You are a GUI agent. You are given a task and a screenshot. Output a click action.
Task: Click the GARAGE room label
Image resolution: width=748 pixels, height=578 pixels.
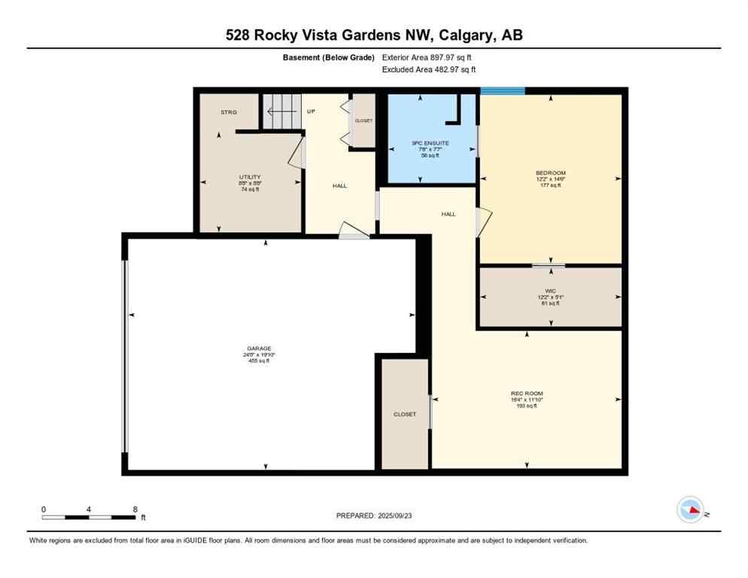tap(259, 348)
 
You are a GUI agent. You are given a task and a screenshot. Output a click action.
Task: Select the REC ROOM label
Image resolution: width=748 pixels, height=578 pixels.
tap(526, 394)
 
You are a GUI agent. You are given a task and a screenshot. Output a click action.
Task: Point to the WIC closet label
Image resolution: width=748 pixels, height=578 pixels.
tap(549, 291)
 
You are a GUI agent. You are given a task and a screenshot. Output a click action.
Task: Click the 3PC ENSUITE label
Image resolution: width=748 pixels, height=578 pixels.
tap(426, 143)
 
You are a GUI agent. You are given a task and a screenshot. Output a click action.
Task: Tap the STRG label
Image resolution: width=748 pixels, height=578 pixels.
tap(228, 112)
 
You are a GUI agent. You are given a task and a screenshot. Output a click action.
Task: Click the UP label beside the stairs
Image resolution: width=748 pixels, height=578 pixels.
tap(311, 111)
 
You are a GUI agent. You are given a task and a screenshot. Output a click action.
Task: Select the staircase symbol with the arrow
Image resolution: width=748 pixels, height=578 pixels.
tap(281, 111)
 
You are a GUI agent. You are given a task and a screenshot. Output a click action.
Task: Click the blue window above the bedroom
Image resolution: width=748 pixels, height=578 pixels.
tap(502, 91)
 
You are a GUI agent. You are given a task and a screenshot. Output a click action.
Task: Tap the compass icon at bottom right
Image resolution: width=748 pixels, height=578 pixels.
tap(690, 510)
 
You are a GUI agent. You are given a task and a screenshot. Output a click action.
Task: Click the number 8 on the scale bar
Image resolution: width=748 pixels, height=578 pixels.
tap(134, 510)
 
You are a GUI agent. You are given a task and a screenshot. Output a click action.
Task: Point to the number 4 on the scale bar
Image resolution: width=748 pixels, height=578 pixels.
tap(89, 510)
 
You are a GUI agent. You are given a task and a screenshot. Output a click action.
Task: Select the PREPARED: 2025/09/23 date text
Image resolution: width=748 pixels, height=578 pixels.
tap(374, 516)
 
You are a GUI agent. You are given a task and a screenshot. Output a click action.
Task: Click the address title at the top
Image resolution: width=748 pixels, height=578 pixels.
tap(374, 35)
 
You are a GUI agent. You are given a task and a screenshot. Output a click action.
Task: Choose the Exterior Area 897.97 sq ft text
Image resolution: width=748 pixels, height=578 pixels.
tap(427, 57)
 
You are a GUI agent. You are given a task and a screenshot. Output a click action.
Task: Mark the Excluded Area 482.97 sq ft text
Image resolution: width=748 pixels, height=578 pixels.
tap(429, 69)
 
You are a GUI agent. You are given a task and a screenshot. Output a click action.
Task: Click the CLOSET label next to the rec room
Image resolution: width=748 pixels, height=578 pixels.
tap(404, 415)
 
